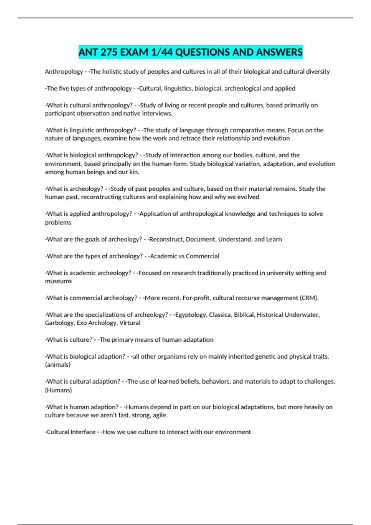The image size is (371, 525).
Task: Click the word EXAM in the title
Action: point(134,52)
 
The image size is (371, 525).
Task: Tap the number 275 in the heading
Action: point(109,52)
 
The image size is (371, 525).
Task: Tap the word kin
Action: point(134,172)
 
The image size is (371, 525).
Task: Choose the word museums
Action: point(58,281)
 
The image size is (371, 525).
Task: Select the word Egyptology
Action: point(190,315)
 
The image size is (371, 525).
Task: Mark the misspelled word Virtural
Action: point(130,323)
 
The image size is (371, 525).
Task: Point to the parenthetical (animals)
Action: point(58,365)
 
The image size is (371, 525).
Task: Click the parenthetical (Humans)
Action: point(58,390)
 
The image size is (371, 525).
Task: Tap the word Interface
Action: point(83,432)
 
